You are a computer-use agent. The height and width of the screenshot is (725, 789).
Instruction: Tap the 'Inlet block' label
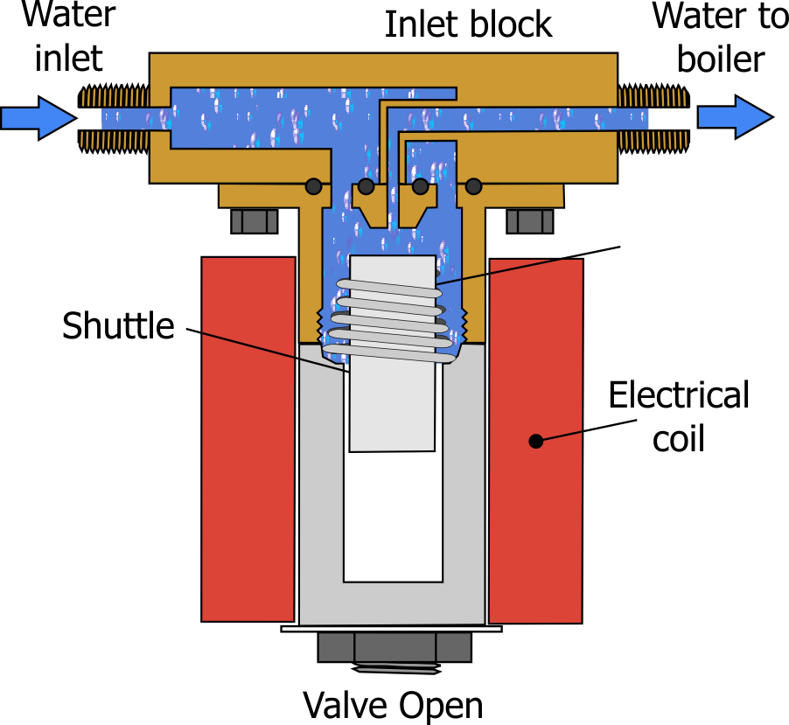pos(469,24)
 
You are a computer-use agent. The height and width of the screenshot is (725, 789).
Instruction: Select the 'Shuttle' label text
pos(118,326)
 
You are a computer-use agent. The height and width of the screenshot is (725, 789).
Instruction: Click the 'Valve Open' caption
pos(393,704)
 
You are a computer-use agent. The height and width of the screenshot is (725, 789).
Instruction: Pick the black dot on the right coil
pos(536,442)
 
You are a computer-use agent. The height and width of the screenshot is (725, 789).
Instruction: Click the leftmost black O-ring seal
pos(312,186)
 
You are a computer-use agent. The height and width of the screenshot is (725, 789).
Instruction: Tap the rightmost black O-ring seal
pos(474,186)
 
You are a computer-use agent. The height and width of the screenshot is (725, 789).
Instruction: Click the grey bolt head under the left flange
pos(255,221)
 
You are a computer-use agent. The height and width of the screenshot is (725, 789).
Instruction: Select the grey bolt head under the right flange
pos(530,221)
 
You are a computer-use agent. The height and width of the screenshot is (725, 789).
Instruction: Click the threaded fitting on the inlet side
pos(114,117)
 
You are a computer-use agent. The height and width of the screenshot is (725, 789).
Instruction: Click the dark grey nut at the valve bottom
pos(394,648)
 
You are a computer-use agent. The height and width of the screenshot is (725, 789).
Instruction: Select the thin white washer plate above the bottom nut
pos(391,628)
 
